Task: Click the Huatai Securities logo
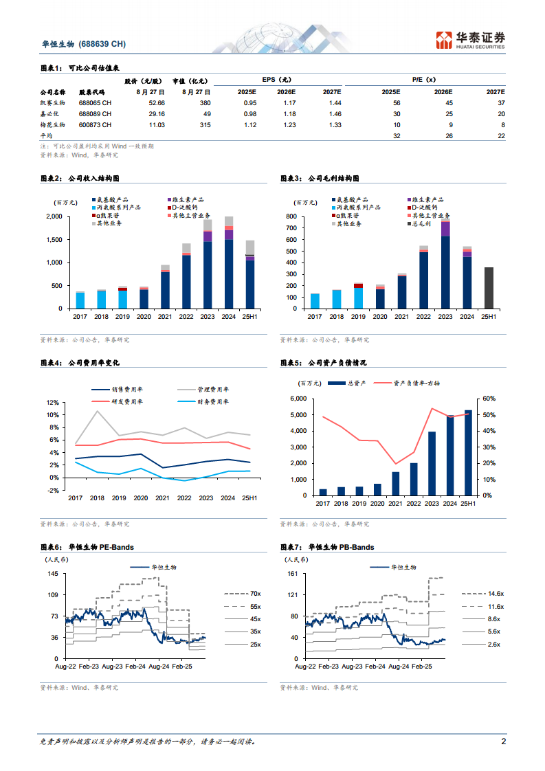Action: pyautogui.click(x=471, y=40)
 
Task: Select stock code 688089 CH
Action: pyautogui.click(x=95, y=113)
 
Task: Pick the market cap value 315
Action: pyautogui.click(x=204, y=124)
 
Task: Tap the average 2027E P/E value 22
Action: pyautogui.click(x=501, y=136)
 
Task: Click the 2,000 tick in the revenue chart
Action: pyautogui.click(x=54, y=217)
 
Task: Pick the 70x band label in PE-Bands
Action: pyautogui.click(x=255, y=593)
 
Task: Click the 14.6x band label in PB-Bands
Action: pyautogui.click(x=496, y=593)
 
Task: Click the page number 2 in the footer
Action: pyautogui.click(x=504, y=742)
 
